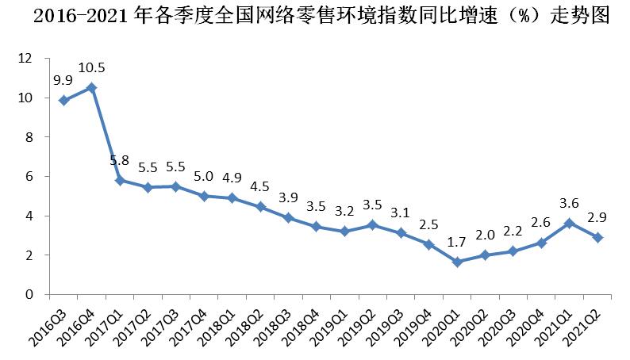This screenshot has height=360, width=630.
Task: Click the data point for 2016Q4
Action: coord(91,88)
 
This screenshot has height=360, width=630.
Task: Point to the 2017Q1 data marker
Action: coord(119,181)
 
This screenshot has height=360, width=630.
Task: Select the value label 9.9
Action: coord(64,80)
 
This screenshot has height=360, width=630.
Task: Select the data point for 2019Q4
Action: coord(428,245)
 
